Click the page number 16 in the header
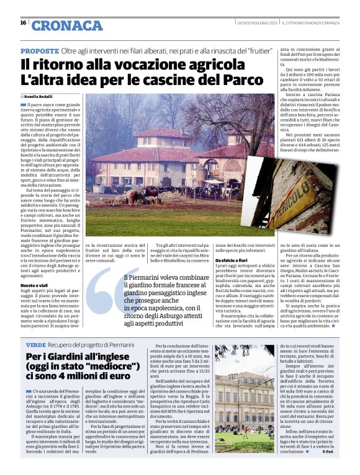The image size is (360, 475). pos(23,23)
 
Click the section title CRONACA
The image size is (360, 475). pos(67,25)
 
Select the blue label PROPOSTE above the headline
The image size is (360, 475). pos(40,50)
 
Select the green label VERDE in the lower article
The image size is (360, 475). pos(36,344)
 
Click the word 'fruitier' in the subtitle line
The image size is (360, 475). pos(254,50)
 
